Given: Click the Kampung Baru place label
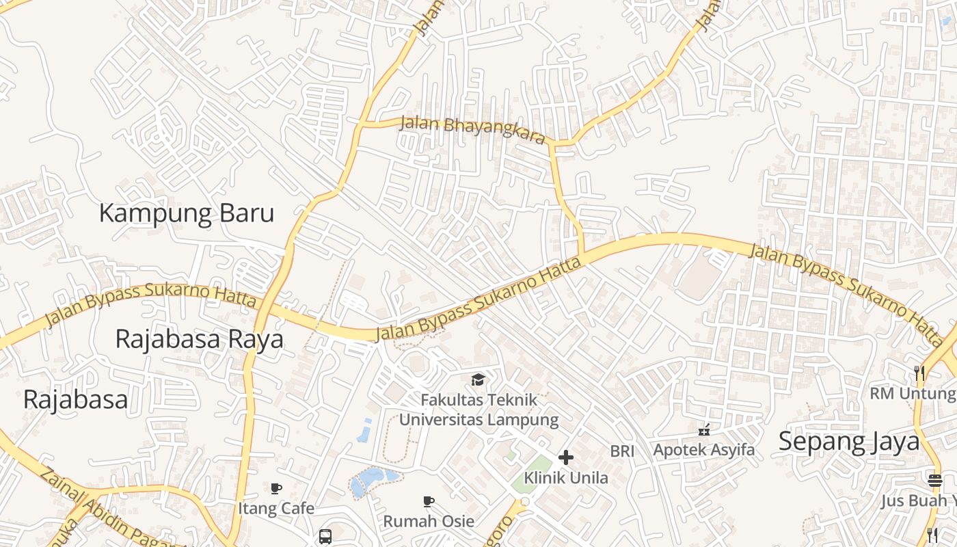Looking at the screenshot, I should (187, 213).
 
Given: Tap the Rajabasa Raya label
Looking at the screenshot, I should (199, 338).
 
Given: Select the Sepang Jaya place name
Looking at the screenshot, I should (849, 442).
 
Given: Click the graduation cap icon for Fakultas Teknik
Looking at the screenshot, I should (478, 379).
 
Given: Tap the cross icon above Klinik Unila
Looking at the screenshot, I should (565, 457).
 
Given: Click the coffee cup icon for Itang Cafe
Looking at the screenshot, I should (276, 488).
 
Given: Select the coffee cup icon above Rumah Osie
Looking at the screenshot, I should (429, 501).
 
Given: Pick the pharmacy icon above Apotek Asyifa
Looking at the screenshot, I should (704, 430).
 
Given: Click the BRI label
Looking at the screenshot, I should (622, 451).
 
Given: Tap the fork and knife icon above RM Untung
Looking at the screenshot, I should (919, 373).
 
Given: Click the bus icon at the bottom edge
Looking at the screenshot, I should (325, 536).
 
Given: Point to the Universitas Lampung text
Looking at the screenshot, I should (478, 419).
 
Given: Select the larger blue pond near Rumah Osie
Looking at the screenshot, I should (369, 481).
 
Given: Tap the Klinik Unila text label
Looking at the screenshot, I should (565, 477).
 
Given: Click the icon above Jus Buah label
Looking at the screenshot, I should (935, 480).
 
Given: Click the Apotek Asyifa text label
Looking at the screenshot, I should (704, 450).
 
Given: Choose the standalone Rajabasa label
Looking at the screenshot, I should (75, 399).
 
